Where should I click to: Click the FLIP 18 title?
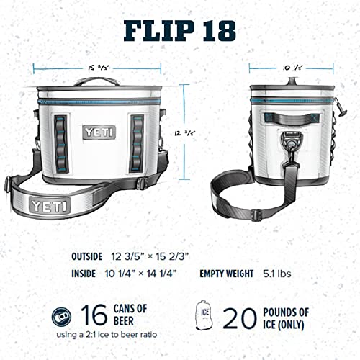point(180,32)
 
